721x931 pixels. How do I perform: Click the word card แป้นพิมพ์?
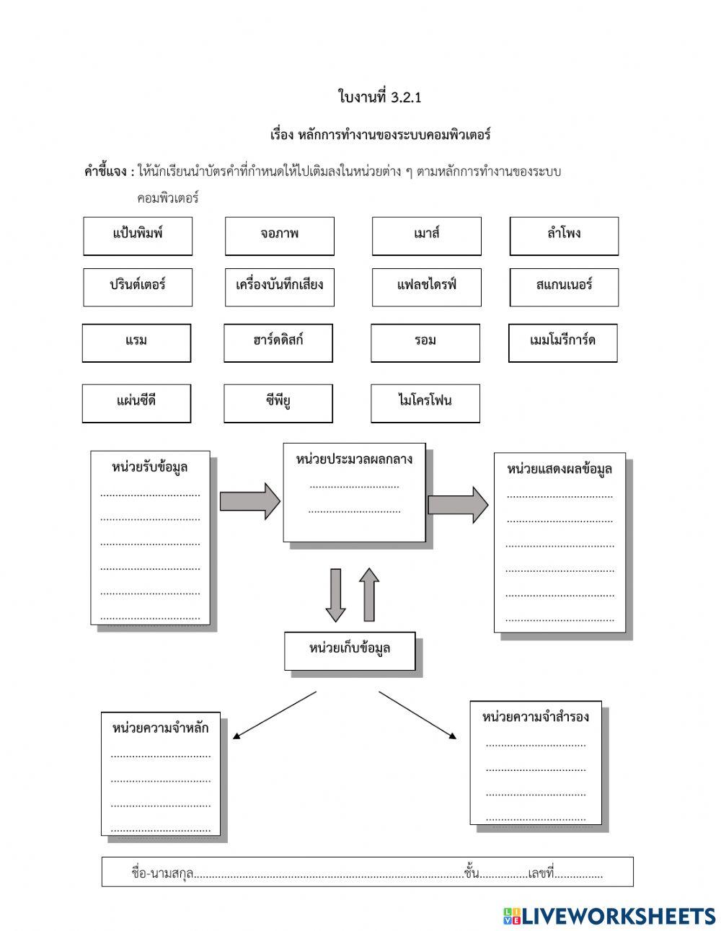pos(138,236)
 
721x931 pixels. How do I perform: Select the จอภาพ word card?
pos(280,236)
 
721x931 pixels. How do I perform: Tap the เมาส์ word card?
pos(427,236)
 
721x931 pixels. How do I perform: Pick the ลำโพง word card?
pos(564,236)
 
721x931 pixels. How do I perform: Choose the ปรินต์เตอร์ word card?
pos(138,287)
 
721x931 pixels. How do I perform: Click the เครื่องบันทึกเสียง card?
pos(280,287)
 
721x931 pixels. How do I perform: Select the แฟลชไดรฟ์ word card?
pos(427,287)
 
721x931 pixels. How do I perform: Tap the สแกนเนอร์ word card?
pos(564,287)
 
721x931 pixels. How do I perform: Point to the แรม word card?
pos(136,343)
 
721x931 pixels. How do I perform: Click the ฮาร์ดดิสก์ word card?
pos(278,343)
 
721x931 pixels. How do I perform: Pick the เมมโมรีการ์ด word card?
pos(562,343)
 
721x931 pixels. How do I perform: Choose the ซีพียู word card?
pos(278,403)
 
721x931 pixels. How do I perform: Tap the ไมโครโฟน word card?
pos(425,403)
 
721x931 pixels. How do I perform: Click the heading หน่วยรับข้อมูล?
pos(150,467)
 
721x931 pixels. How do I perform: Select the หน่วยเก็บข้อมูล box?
pos(350,650)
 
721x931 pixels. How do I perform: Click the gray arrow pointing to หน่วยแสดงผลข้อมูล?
pos(458,504)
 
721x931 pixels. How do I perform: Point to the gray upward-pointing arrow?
pos(368,594)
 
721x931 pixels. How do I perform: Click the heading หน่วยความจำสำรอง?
pos(536,717)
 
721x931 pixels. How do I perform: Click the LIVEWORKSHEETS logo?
pos(609,916)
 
